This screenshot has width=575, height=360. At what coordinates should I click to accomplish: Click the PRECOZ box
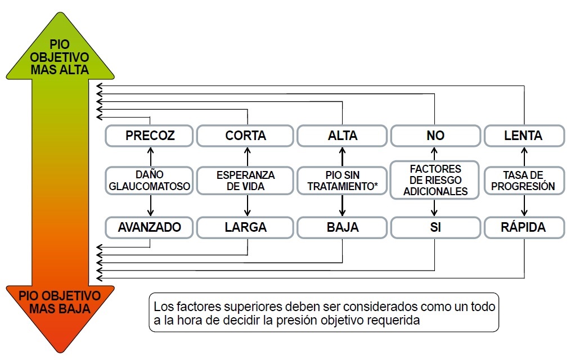pyautogui.click(x=149, y=136)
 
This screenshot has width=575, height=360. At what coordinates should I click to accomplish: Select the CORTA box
pyautogui.click(x=245, y=136)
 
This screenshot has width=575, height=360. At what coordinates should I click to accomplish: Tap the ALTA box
pyautogui.click(x=342, y=136)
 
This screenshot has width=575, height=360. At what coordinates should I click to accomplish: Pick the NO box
pyautogui.click(x=435, y=136)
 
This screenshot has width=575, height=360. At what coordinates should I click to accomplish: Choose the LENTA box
pyautogui.click(x=524, y=136)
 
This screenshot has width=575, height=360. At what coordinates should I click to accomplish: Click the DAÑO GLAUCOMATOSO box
pyautogui.click(x=149, y=181)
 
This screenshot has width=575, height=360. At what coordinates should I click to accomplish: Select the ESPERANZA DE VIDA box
pyautogui.click(x=245, y=181)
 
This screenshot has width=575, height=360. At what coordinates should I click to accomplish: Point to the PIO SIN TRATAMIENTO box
pyautogui.click(x=342, y=181)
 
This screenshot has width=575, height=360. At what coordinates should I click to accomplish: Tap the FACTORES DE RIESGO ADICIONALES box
pyautogui.click(x=435, y=180)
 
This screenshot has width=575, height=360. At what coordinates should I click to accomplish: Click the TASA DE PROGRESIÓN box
pyautogui.click(x=524, y=181)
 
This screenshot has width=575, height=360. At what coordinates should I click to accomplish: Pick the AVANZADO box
pyautogui.click(x=149, y=228)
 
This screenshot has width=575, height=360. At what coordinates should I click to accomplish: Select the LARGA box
pyautogui.click(x=245, y=228)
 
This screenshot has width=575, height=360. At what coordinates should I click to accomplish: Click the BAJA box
pyautogui.click(x=342, y=228)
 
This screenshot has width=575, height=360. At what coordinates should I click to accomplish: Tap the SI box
pyautogui.click(x=435, y=228)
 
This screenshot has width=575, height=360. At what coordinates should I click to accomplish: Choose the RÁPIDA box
pyautogui.click(x=524, y=228)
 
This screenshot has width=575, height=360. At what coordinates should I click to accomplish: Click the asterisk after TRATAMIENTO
pyautogui.click(x=375, y=184)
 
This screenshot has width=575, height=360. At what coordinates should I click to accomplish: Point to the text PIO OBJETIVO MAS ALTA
pyautogui.click(x=60, y=57)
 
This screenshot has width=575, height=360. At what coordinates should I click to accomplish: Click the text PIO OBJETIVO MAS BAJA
pyautogui.click(x=60, y=302)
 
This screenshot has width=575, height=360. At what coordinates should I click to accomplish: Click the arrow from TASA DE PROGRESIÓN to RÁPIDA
pyautogui.click(x=524, y=206)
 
